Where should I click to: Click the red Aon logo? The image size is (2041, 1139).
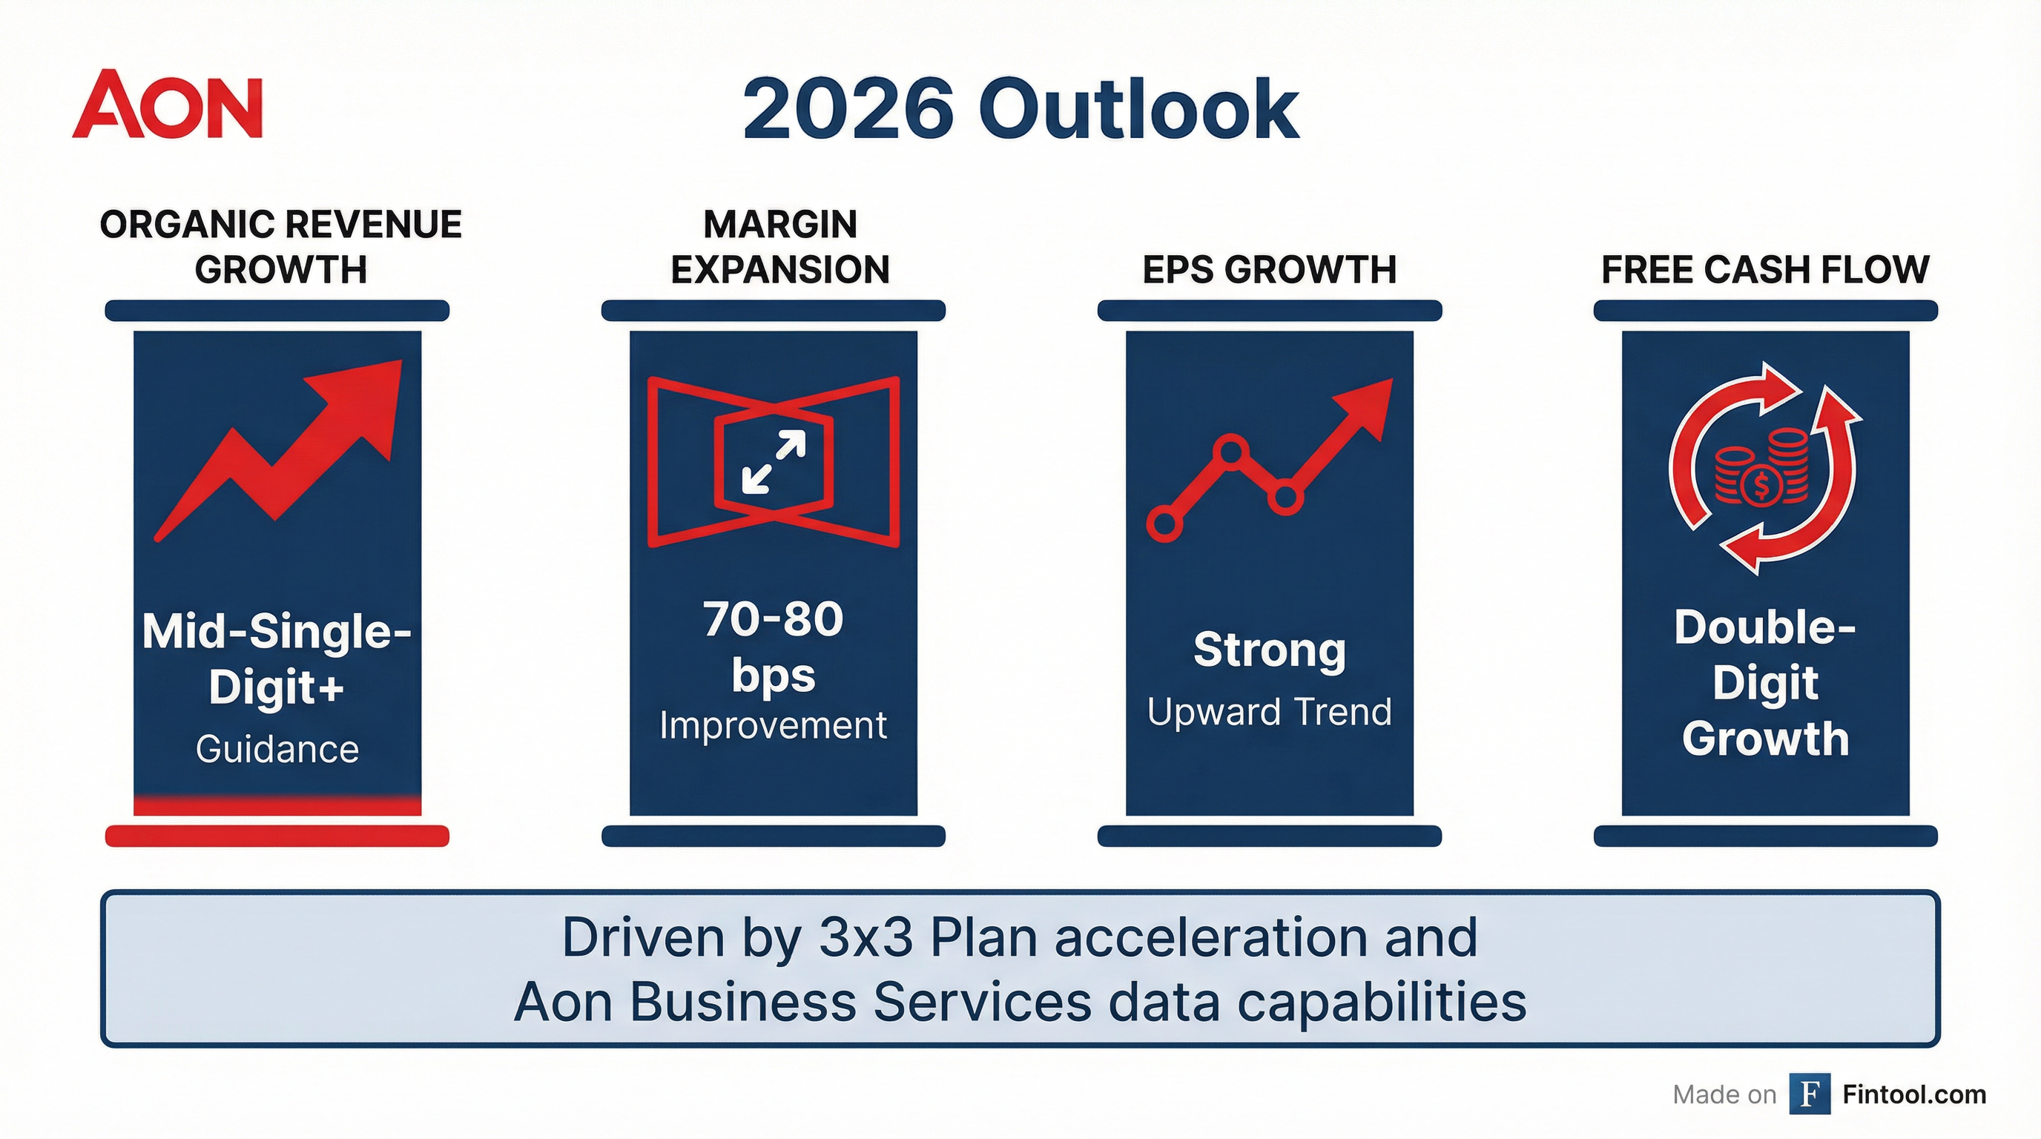click(167, 105)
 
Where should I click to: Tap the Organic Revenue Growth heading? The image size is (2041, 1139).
click(280, 246)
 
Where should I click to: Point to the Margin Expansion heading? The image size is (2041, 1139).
click(779, 246)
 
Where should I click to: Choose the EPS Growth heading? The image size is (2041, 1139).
click(1268, 269)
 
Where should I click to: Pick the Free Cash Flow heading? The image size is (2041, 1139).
click(1764, 269)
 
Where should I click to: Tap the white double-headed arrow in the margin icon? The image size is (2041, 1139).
click(774, 462)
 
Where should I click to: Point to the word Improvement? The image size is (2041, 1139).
click(773, 725)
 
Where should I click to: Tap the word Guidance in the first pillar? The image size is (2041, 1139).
click(277, 748)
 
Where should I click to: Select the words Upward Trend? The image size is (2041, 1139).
click(1269, 711)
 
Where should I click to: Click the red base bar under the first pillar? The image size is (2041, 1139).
click(277, 836)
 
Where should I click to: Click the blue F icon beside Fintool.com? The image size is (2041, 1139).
click(1809, 1094)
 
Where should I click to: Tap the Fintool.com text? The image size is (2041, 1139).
click(1913, 1094)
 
